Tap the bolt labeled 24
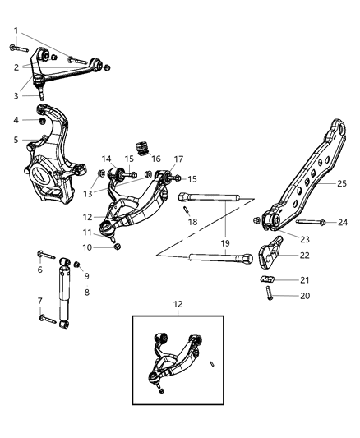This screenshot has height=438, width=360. (x=309, y=222)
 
